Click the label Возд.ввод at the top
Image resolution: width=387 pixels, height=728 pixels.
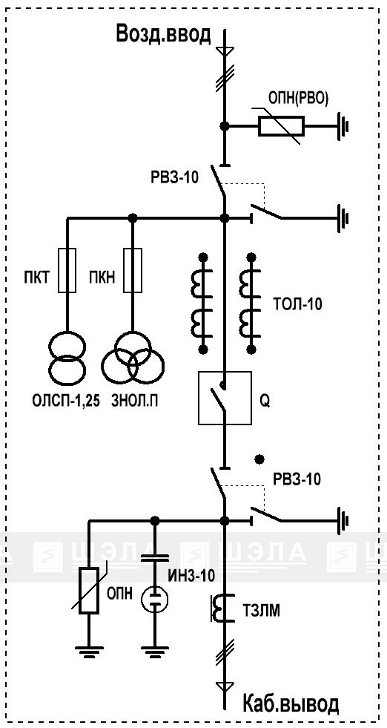tap(164, 35)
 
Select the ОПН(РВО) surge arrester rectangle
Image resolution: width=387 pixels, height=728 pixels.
tap(281, 125)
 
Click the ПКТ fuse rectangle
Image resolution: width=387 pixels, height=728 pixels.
tap(67, 270)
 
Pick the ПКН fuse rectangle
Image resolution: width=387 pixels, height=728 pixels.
tap(133, 270)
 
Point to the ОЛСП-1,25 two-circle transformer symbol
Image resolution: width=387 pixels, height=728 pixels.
tap(67, 358)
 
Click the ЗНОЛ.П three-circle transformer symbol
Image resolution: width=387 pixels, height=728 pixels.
tap(133, 358)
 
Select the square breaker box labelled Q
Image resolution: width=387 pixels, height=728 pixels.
tap(225, 398)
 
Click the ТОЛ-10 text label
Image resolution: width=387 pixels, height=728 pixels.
tap(297, 304)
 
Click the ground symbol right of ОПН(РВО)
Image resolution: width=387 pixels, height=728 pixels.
tap(343, 125)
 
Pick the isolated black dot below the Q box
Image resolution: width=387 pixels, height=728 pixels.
tap(260, 459)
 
